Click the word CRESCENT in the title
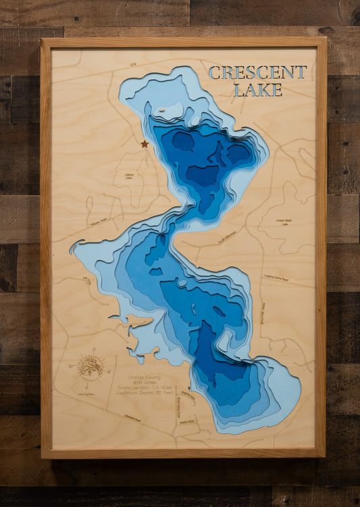[x=257, y=72]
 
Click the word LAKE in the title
[x=257, y=90]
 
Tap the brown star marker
[x=144, y=143]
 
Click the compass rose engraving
[x=91, y=368]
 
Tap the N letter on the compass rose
[x=94, y=350]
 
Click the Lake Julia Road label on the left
[x=86, y=280]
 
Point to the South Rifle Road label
[x=227, y=239]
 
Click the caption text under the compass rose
[x=86, y=393]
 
